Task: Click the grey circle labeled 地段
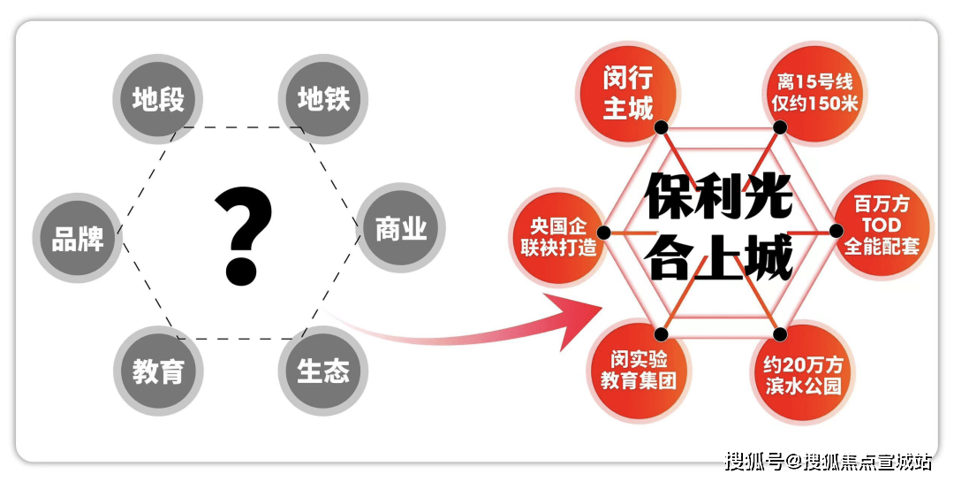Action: (x=157, y=99)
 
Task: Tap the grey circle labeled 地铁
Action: (x=323, y=99)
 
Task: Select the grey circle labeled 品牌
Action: (x=77, y=238)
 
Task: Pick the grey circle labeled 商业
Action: (x=401, y=228)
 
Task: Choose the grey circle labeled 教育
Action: (x=158, y=371)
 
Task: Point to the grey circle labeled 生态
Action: (x=323, y=371)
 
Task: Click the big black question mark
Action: (x=243, y=236)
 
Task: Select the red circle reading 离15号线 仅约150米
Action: (x=814, y=92)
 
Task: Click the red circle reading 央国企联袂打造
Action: (x=558, y=237)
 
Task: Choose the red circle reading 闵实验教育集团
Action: (x=639, y=371)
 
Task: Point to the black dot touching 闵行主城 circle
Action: (x=662, y=127)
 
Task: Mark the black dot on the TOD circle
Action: (x=837, y=231)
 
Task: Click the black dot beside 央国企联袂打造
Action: (x=603, y=233)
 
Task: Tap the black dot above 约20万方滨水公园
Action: (x=780, y=334)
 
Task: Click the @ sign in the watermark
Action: (x=793, y=462)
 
